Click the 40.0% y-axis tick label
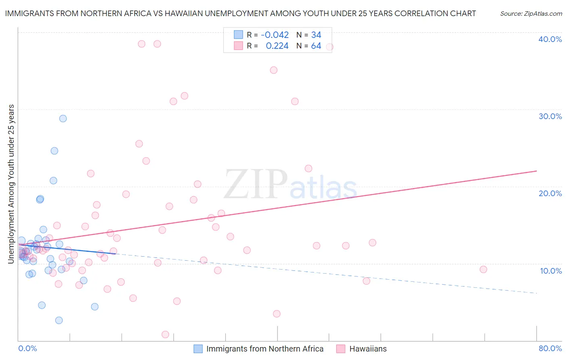tap(550, 39)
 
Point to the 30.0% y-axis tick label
tap(550, 116)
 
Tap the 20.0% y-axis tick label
tap(550, 193)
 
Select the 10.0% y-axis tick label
tap(551, 271)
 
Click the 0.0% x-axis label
tap(27, 348)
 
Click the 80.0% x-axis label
tap(550, 348)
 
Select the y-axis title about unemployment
tap(11, 184)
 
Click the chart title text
tap(240, 13)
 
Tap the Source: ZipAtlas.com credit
tap(531, 14)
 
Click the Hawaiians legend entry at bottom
tap(367, 349)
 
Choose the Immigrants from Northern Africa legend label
tap(265, 349)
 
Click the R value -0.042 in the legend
tap(275, 35)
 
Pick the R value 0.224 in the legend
tap(277, 46)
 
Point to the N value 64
tap(316, 46)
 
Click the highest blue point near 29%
tap(63, 119)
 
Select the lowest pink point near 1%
tap(165, 335)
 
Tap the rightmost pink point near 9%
tap(483, 270)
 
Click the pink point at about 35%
tap(273, 70)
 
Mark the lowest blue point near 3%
tap(59, 320)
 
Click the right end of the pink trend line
tap(536, 171)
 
